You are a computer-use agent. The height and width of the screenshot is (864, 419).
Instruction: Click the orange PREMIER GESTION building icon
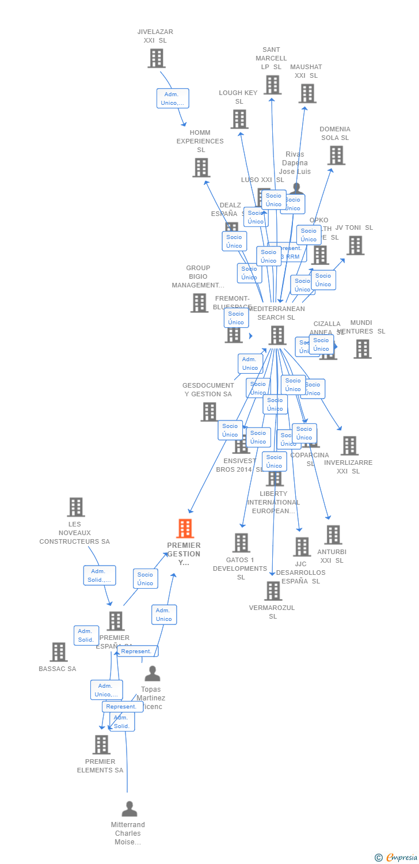pyautogui.click(x=185, y=528)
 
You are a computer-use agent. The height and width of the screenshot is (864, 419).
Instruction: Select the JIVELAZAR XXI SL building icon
pyautogui.click(x=156, y=58)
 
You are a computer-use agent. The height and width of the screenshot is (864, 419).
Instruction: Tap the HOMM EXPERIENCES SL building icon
pyautogui.click(x=201, y=168)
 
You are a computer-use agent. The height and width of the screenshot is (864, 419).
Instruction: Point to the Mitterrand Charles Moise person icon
pyautogui.click(x=129, y=809)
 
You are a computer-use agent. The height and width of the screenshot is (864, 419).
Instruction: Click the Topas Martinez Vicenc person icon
pyautogui.click(x=152, y=673)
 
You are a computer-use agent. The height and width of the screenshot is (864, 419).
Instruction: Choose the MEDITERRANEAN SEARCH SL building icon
pyautogui.click(x=277, y=335)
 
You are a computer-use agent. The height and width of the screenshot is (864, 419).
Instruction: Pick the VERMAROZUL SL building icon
pyautogui.click(x=273, y=591)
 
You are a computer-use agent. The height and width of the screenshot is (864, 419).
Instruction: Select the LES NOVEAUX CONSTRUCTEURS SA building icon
pyautogui.click(x=75, y=507)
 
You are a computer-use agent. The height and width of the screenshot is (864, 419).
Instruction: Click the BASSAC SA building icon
pyautogui.click(x=58, y=652)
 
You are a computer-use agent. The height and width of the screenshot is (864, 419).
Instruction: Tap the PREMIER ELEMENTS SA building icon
pyautogui.click(x=101, y=745)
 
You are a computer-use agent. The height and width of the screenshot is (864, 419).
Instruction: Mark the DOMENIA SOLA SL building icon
pyautogui.click(x=336, y=155)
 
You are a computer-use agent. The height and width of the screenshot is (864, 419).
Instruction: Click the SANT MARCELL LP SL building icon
pyautogui.click(x=272, y=85)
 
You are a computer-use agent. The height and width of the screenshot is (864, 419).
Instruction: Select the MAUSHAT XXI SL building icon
pyautogui.click(x=307, y=93)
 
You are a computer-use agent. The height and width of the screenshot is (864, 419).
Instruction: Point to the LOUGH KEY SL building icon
pyautogui.click(x=239, y=119)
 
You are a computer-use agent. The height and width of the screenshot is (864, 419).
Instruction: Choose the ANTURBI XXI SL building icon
pyautogui.click(x=333, y=535)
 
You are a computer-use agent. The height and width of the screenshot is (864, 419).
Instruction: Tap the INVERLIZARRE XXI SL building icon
pyautogui.click(x=349, y=446)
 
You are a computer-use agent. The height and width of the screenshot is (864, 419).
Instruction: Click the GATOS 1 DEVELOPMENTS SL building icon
pyautogui.click(x=241, y=543)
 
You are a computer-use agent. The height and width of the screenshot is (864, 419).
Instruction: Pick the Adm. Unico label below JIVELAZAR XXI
pyautogui.click(x=173, y=98)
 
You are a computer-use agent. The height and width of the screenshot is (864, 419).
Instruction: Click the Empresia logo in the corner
pyautogui.click(x=397, y=858)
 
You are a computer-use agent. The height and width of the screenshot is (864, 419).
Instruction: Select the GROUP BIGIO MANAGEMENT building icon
pyautogui.click(x=199, y=303)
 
